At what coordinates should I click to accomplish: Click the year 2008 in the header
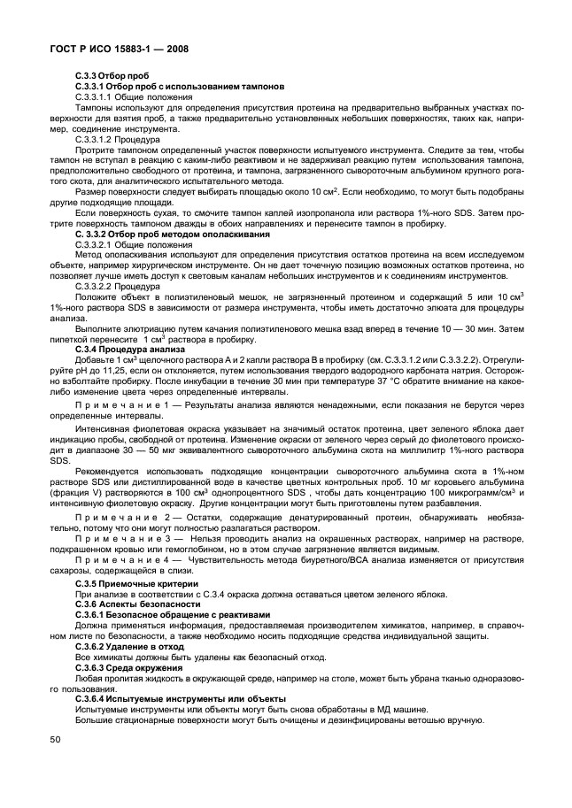click(x=174, y=48)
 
